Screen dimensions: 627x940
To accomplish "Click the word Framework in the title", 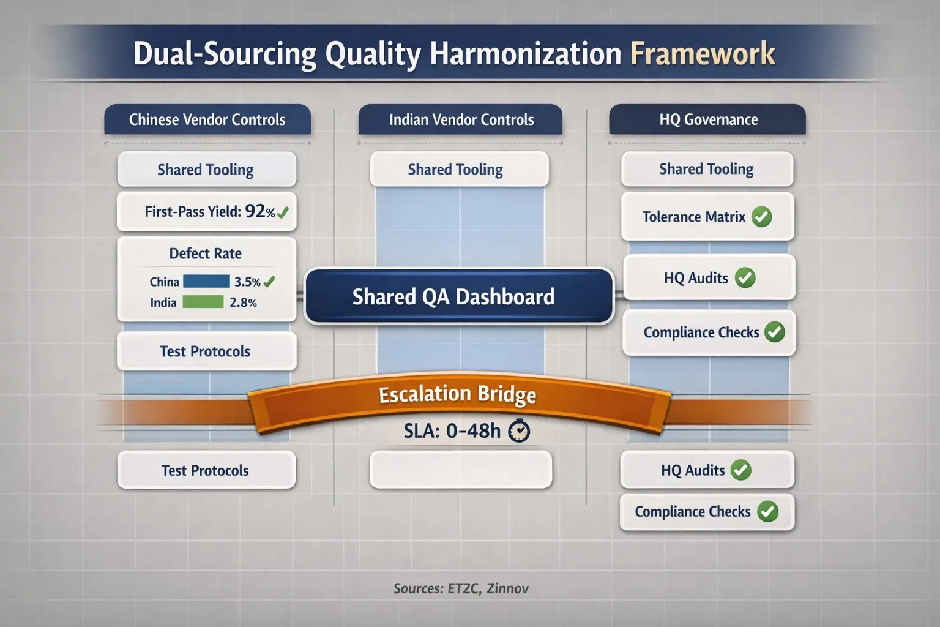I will point(703,54).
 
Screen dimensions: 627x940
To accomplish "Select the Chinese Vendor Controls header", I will point(207,119).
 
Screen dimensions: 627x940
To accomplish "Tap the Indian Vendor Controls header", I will point(461,119).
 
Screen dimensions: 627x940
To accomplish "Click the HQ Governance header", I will point(708,119).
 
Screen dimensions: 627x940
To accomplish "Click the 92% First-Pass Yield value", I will point(259,212).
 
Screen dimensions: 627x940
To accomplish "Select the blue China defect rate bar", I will point(206,282).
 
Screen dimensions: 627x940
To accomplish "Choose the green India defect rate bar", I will point(203,302).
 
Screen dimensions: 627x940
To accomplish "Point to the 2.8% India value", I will point(243,302).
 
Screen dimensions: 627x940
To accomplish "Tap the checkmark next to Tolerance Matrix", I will point(761,217).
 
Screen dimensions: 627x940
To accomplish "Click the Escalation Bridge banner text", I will point(457,394).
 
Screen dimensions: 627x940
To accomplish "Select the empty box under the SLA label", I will point(460,470).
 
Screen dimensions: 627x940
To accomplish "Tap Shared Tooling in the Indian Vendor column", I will point(456,170).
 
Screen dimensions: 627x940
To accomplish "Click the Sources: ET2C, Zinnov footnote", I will point(461,588).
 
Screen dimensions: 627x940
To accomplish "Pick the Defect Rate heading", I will point(206,253).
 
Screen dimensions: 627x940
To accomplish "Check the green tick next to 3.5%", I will point(269,282).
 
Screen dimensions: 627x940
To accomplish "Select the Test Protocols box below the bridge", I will point(206,470).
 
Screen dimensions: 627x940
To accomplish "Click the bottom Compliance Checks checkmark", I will point(767,511).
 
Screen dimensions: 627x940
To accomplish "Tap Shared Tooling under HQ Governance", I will point(706,169).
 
